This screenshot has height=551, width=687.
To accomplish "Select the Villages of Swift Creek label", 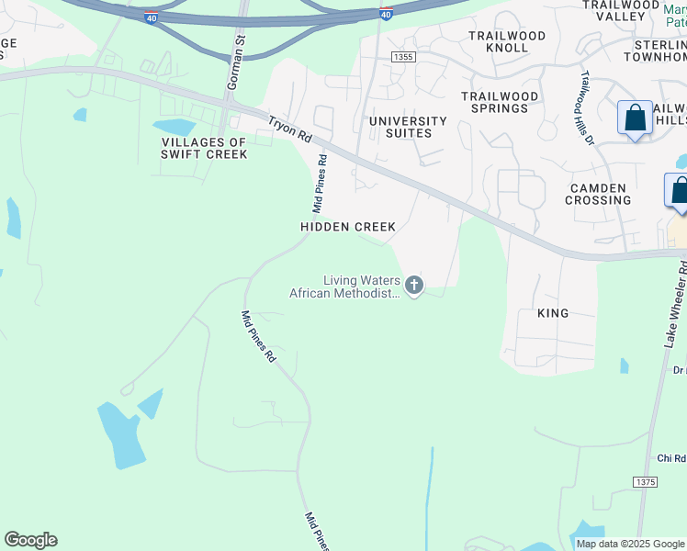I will click(x=204, y=148).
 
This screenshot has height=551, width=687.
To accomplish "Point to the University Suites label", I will click(x=407, y=127).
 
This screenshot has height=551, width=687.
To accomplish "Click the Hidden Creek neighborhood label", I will click(x=348, y=227).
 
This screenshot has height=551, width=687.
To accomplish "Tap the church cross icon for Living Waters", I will click(x=414, y=286).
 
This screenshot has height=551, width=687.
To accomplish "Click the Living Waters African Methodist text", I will click(x=345, y=287).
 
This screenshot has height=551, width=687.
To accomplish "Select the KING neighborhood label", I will click(x=553, y=313).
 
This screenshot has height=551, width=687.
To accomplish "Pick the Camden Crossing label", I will click(x=598, y=194).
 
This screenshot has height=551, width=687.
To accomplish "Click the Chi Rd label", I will click(x=671, y=459).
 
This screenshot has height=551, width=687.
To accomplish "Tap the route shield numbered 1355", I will click(x=402, y=57).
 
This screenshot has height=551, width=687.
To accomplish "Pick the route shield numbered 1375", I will click(x=646, y=482).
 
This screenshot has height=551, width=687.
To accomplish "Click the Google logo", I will click(x=30, y=540).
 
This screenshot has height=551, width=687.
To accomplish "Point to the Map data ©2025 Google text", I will click(x=629, y=544).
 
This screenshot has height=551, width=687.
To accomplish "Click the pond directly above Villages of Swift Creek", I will click(x=175, y=127).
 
